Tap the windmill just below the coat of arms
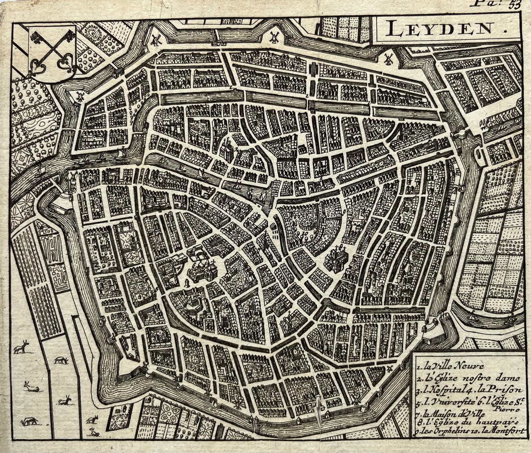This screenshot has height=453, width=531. (80, 96)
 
